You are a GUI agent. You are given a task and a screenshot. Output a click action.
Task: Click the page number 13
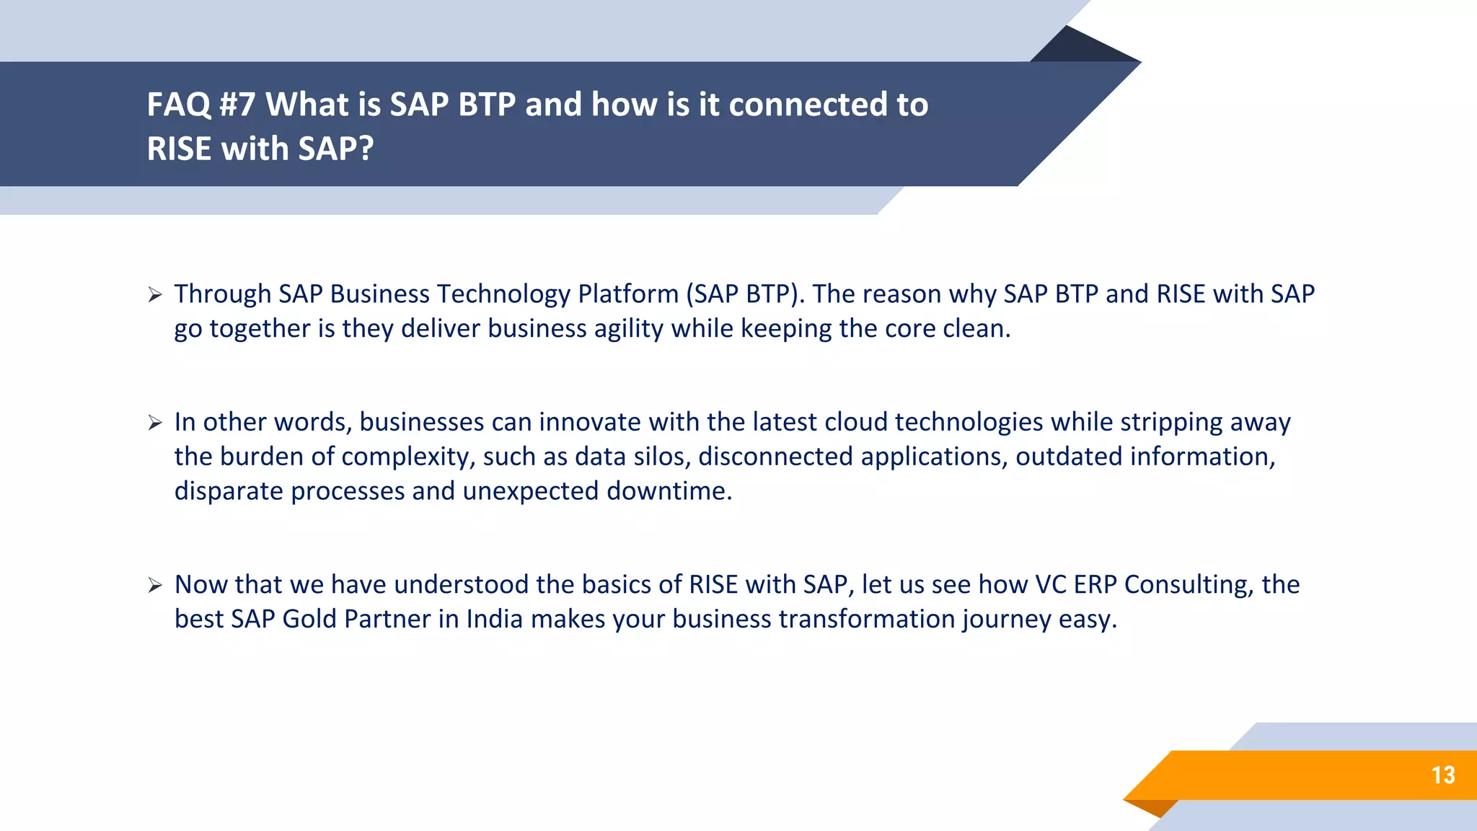(1442, 775)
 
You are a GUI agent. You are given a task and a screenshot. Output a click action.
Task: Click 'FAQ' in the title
(178, 105)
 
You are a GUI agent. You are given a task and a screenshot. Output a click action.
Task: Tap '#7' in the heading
(237, 105)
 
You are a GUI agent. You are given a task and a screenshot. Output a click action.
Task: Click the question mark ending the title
(366, 149)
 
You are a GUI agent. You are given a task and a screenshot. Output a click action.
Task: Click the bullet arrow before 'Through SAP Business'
(154, 294)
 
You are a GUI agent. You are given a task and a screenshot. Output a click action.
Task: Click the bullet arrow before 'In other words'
(154, 423)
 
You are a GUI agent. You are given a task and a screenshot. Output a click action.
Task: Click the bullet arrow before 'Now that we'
(154, 585)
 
